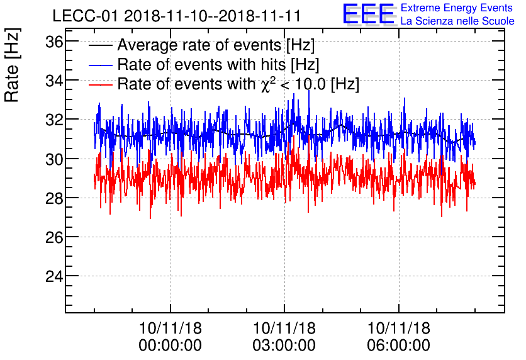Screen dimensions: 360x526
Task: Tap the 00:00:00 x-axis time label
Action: tap(170, 345)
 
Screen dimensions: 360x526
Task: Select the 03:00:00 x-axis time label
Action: tap(284, 345)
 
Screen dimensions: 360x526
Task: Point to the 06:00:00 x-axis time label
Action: tap(399, 345)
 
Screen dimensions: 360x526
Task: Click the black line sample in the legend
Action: tap(101, 46)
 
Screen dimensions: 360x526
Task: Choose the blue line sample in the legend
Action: tap(101, 65)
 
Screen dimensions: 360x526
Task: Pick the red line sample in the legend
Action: tap(101, 84)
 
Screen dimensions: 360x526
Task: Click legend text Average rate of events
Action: tap(216, 46)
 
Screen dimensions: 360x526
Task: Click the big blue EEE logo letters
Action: tap(369, 14)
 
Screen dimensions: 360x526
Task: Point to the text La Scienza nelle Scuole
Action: tap(457, 21)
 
